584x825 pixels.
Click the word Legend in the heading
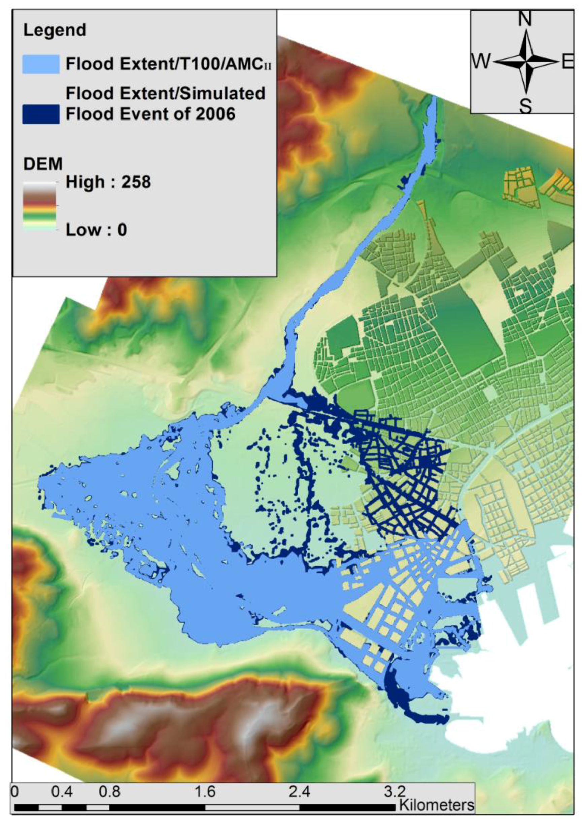(55, 30)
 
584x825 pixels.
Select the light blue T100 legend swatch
(41, 64)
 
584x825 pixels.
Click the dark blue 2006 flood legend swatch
(41, 114)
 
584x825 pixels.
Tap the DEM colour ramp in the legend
(40, 206)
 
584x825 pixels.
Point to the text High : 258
(108, 182)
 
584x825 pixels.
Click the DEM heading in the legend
(43, 164)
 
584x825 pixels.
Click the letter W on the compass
(481, 62)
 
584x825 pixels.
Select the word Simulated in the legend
(217, 93)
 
